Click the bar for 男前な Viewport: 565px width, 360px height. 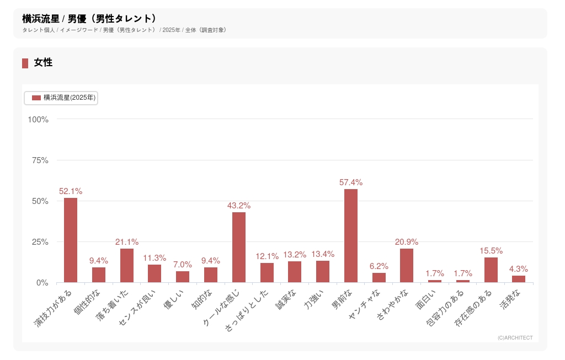tap(351, 236)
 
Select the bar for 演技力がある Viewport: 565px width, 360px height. tap(71, 240)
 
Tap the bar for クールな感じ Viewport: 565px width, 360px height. tap(239, 248)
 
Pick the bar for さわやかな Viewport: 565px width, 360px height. tap(407, 266)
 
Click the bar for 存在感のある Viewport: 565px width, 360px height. tap(491, 270)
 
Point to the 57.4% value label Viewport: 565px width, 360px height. tap(351, 182)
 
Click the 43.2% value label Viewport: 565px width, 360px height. tap(239, 206)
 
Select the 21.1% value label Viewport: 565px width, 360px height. tap(127, 242)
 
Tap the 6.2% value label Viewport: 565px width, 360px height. tap(379, 266)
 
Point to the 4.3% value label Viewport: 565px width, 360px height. tap(519, 269)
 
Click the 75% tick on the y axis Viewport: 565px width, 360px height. tap(39, 160)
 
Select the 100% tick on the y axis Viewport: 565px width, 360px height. tap(38, 120)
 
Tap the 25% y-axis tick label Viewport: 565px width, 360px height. tap(39, 242)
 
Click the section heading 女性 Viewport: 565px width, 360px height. tap(43, 63)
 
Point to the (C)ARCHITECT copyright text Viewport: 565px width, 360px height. tap(515, 338)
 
